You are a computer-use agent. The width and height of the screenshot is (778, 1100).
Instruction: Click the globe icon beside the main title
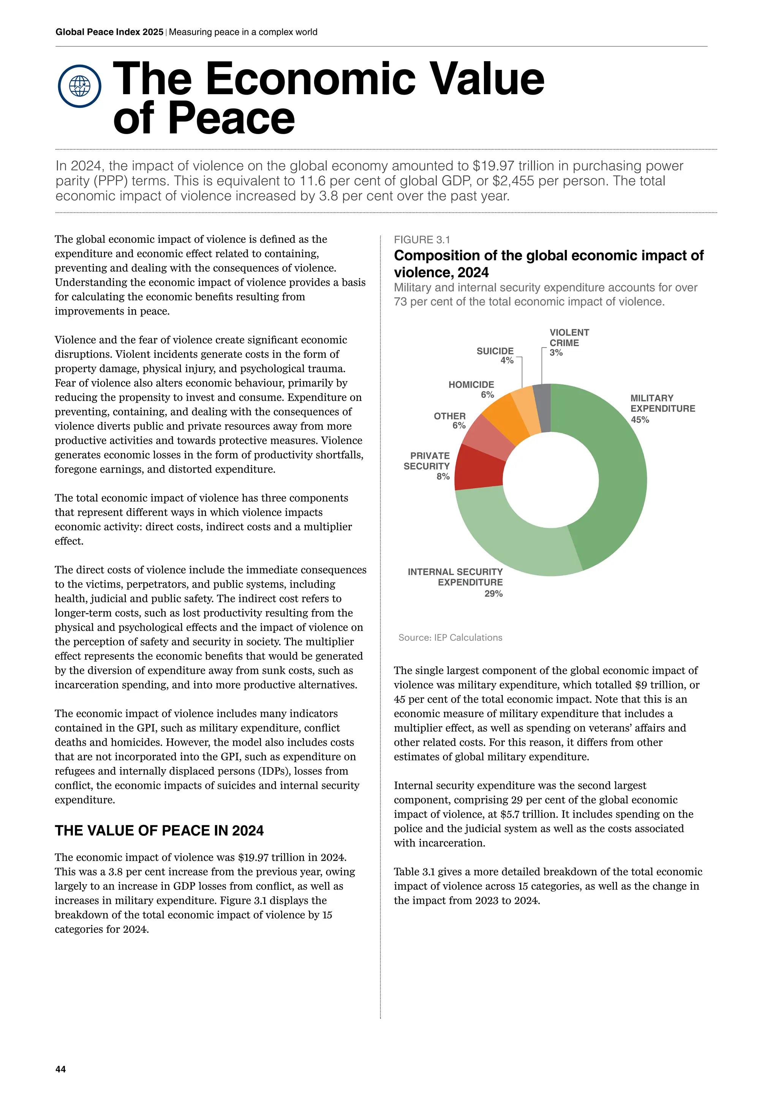point(79,86)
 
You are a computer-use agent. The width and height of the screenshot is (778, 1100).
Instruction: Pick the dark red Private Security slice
point(479,467)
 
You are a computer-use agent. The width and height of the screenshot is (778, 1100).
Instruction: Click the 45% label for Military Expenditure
point(640,420)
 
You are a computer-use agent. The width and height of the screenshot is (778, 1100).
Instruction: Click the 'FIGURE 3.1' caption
point(422,240)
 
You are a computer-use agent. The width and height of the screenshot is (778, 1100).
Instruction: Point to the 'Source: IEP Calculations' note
point(450,638)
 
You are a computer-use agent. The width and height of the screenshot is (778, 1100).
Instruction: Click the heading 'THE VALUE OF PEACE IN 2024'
point(159,831)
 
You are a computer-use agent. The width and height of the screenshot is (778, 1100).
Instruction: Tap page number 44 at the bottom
point(61,1069)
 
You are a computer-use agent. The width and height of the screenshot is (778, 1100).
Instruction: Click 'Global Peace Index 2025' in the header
point(109,32)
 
